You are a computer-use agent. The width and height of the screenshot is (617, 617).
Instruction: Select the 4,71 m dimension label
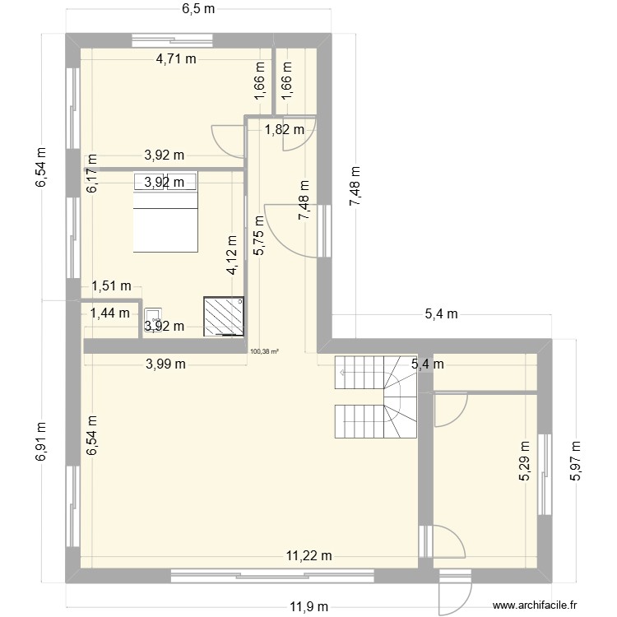tap(177, 58)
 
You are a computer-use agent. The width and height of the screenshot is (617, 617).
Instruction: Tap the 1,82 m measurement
tap(284, 128)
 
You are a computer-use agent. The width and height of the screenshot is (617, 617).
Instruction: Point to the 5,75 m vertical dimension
tap(260, 236)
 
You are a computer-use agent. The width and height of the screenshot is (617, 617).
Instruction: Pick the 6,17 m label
tap(92, 174)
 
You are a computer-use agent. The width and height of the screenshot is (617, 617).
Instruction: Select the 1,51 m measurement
tap(111, 286)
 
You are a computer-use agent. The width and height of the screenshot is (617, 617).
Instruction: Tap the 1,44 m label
tap(109, 312)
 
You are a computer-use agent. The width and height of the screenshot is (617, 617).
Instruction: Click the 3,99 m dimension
tap(165, 364)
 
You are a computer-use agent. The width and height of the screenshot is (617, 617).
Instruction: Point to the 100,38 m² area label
tap(264, 351)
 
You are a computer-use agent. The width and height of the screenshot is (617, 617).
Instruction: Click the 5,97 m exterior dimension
tap(575, 462)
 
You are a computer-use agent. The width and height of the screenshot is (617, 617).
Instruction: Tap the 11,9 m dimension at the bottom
tap(308, 606)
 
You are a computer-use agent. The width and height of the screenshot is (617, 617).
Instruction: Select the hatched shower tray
tap(225, 317)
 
